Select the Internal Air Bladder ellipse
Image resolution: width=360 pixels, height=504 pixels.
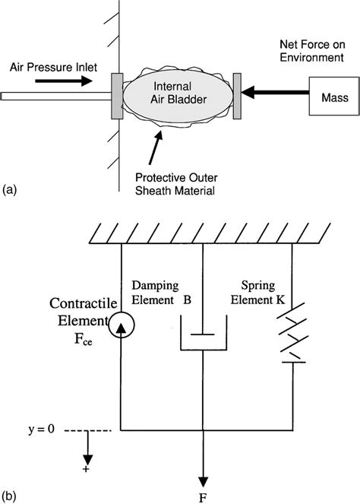click(x=178, y=96)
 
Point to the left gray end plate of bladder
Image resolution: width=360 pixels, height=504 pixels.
click(x=117, y=95)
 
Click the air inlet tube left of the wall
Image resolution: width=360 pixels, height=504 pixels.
click(x=53, y=96)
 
